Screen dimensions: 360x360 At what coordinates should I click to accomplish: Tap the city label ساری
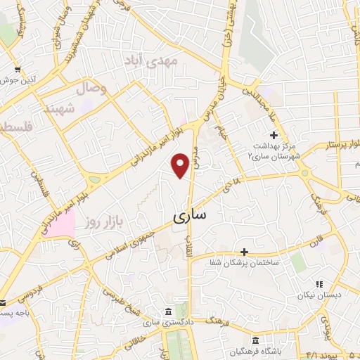click(x=189, y=216)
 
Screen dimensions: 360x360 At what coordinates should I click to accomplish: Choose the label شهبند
click(x=58, y=109)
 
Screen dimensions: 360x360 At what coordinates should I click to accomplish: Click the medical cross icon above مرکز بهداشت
click(x=274, y=135)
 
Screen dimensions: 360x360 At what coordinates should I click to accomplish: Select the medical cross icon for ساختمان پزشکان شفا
click(x=245, y=251)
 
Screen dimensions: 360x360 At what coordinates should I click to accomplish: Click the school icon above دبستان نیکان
click(x=319, y=284)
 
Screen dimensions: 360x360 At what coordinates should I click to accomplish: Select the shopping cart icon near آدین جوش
click(x=17, y=70)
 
